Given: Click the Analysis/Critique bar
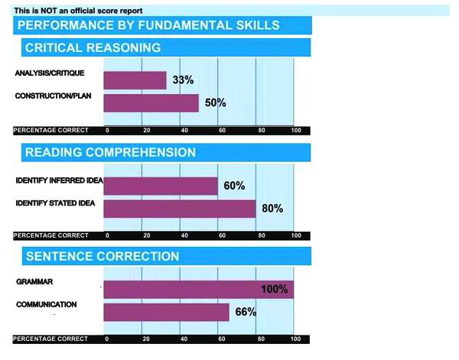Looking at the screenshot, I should pyautogui.click(x=135, y=80).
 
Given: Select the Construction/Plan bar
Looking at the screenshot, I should pyautogui.click(x=151, y=103).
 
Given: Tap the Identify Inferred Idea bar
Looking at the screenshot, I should pyautogui.click(x=160, y=186).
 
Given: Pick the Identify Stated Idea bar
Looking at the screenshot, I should pyautogui.click(x=179, y=209).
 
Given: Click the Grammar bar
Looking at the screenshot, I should pyautogui.click(x=198, y=289).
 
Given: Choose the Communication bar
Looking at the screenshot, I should pyautogui.click(x=166, y=312).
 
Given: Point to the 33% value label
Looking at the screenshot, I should pyautogui.click(x=182, y=80).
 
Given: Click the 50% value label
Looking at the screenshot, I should pyautogui.click(x=215, y=103).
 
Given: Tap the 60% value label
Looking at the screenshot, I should pyautogui.click(x=233, y=186).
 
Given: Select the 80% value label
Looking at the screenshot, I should pyautogui.click(x=272, y=209).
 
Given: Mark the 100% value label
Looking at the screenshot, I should pyautogui.click(x=273, y=289).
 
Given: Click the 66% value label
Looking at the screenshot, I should pyautogui.click(x=245, y=312).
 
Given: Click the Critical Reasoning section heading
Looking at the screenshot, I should pyautogui.click(x=93, y=47).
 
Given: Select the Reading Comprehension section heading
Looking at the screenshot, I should pyautogui.click(x=110, y=152).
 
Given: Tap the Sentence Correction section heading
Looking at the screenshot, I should pyautogui.click(x=103, y=256).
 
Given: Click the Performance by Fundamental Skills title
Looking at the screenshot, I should pyautogui.click(x=148, y=25).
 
